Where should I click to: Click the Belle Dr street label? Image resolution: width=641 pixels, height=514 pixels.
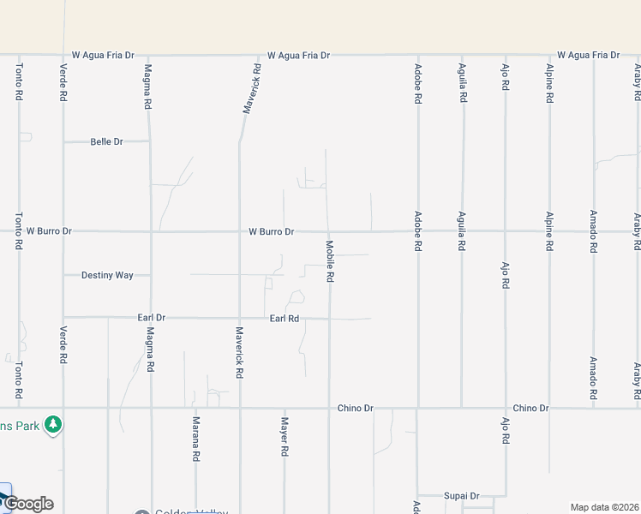pyautogui.click(x=107, y=141)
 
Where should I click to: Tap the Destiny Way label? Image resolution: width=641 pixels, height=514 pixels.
pyautogui.click(x=107, y=275)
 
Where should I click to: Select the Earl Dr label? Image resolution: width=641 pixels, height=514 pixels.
pyautogui.click(x=152, y=318)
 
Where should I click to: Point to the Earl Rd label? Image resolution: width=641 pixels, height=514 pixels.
pyautogui.click(x=284, y=318)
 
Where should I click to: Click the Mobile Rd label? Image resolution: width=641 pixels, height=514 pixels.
pyautogui.click(x=330, y=261)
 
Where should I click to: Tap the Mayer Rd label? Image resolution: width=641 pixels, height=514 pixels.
pyautogui.click(x=285, y=437)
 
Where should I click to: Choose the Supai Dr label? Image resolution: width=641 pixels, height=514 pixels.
pyautogui.click(x=461, y=496)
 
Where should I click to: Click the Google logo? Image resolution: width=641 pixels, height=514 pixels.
pyautogui.click(x=28, y=504)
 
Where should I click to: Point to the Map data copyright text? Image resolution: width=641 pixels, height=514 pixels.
pyautogui.click(x=603, y=507)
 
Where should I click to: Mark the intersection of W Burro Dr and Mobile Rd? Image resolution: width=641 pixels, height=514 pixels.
pyautogui.click(x=327, y=231)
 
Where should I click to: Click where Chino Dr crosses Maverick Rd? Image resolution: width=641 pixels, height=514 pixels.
pyautogui.click(x=240, y=408)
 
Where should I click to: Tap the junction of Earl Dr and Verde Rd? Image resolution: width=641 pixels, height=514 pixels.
pyautogui.click(x=63, y=317)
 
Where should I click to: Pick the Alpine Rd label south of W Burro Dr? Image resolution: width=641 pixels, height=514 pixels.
pyautogui.click(x=548, y=231)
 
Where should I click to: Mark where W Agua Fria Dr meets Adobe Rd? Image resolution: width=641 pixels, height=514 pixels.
pyautogui.click(x=417, y=56)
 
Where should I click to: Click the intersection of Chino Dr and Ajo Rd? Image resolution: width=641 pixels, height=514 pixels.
pyautogui.click(x=505, y=408)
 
